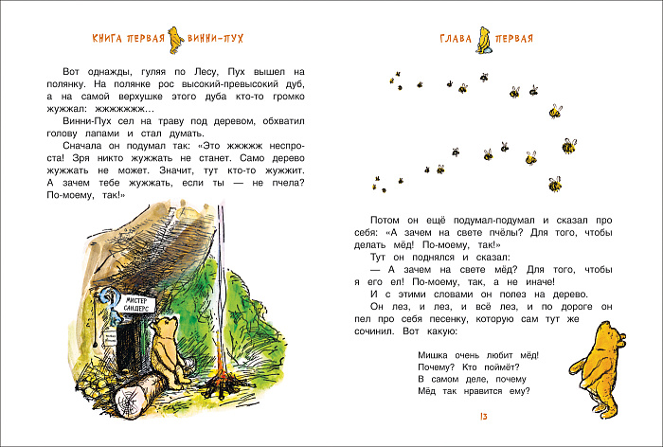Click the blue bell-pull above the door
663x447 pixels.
coord(116,301)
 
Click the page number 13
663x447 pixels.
coord(483,417)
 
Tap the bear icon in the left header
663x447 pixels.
coord(173,38)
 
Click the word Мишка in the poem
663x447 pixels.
coord(434,354)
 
